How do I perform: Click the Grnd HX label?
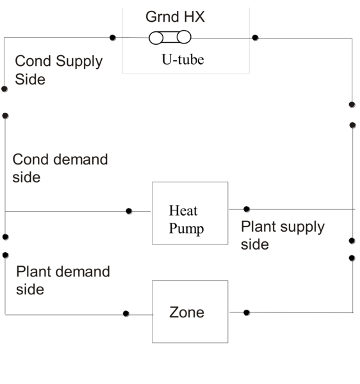coord(175,17)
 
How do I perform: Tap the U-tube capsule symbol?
coord(170,38)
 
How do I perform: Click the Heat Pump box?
coord(190,213)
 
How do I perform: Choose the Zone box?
coord(190,312)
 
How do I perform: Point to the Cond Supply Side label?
coord(58,70)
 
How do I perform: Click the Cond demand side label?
coord(60,168)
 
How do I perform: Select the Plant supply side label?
coord(282,235)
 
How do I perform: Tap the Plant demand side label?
coord(63,280)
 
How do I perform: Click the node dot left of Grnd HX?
coord(113,38)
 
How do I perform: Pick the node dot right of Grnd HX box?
coord(255,38)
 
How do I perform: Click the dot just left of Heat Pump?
coord(129,211)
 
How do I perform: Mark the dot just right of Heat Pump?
coord(247,209)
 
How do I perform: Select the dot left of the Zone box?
coord(126,314)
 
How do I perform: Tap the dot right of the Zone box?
coord(247,312)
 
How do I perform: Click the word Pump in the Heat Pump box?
coord(186,229)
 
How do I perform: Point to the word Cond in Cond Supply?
coord(31,61)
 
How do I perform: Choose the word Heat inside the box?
coord(183,211)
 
